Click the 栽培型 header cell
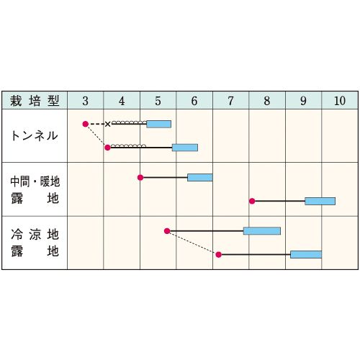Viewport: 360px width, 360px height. click(35, 101)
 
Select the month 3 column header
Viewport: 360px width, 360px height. click(86, 101)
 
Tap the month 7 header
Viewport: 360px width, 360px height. click(230, 101)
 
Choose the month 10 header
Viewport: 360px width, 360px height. click(340, 101)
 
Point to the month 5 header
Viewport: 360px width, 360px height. click(158, 101)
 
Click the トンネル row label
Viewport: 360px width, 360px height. click(35, 136)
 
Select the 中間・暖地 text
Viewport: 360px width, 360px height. click(35, 181)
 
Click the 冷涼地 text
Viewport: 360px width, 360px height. click(35, 234)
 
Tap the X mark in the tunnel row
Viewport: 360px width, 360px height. click(108, 124)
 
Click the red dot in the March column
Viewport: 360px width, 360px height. click(86, 124)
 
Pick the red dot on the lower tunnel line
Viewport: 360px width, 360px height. click(107, 148)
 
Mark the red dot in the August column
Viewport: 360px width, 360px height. click(252, 201)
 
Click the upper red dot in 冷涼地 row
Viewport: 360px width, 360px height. click(167, 231)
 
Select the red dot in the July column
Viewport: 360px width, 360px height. click(218, 254)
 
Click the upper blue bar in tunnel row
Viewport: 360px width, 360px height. click(159, 124)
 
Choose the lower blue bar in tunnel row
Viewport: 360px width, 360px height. click(185, 148)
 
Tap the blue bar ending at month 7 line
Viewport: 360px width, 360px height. click(200, 178)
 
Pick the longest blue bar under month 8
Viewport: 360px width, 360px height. click(262, 231)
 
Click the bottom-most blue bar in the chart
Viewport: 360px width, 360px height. click(306, 254)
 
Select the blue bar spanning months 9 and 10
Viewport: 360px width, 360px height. click(320, 201)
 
